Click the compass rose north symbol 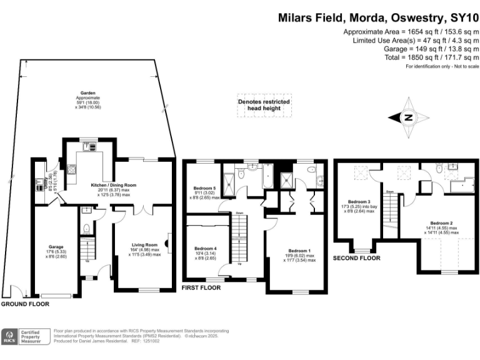tap(407, 117)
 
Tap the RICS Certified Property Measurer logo tap(24, 337)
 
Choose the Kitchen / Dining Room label tap(113, 186)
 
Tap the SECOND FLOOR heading tap(357, 257)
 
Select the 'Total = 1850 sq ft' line tap(412, 57)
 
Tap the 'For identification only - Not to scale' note tap(442, 66)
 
